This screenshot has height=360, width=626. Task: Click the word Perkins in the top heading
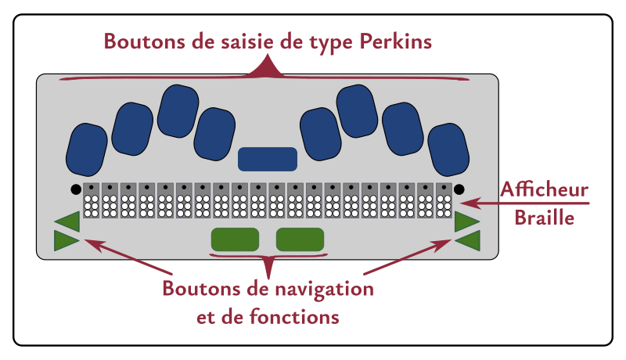click(396, 41)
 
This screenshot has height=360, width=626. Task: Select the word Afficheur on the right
click(545, 191)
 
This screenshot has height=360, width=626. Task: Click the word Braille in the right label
click(545, 218)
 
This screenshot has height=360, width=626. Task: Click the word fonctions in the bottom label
click(300, 317)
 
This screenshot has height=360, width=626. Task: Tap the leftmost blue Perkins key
click(86, 148)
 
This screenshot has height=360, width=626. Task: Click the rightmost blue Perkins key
click(448, 148)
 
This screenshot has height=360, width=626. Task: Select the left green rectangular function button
click(235, 239)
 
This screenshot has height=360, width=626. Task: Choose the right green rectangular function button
click(300, 239)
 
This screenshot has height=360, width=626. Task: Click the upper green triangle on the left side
click(69, 221)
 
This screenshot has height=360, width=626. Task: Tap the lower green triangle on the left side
click(66, 241)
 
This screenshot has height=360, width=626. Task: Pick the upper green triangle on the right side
click(466, 221)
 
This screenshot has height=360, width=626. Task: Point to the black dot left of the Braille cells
click(75, 189)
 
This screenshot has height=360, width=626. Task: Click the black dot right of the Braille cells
click(459, 189)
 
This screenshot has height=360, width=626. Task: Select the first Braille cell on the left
click(92, 200)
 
